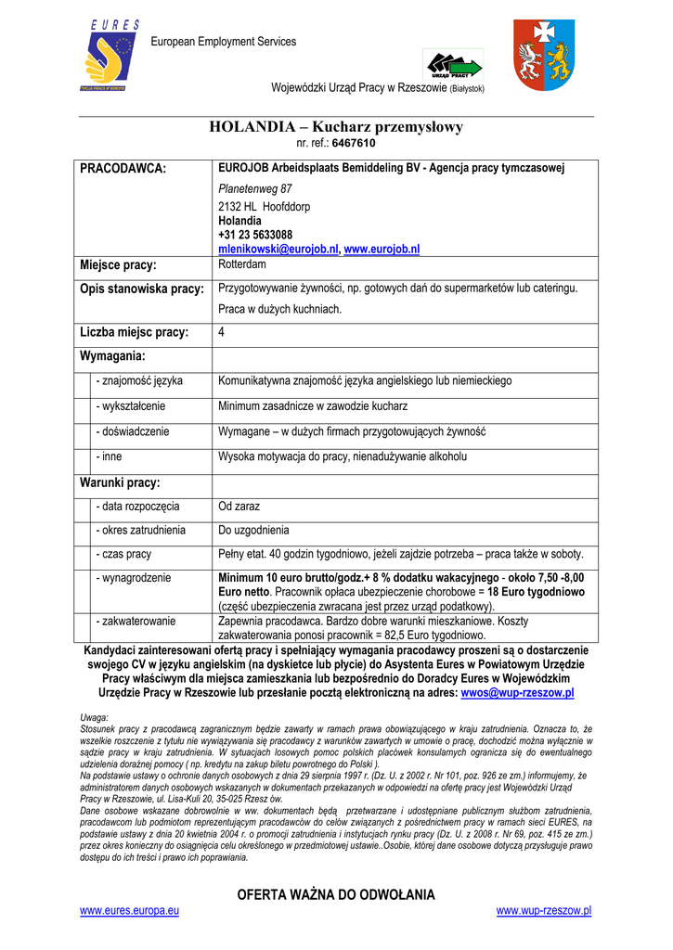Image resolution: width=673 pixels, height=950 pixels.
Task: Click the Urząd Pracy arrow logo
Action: pos(454,65)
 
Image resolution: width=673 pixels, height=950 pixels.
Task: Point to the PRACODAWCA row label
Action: pos(123,168)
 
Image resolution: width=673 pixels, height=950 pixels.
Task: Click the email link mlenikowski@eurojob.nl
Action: pos(278,250)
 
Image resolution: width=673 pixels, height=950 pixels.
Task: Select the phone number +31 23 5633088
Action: pos(255,236)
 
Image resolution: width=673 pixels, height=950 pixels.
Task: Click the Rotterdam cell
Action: pos(242,264)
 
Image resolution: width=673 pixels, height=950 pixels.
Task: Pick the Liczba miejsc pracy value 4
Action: pos(222,332)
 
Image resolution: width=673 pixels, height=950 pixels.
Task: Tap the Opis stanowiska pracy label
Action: pos(142,289)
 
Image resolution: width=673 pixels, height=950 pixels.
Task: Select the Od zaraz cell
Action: pos(239,507)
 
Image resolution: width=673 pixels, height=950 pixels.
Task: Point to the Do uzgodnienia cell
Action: pos(253,530)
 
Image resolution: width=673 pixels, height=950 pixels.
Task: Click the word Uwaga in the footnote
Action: pos(95,717)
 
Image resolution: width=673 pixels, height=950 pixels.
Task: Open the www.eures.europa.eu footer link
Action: pos(130,911)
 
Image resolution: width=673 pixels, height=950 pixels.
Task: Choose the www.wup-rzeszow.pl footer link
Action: pos(544,911)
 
